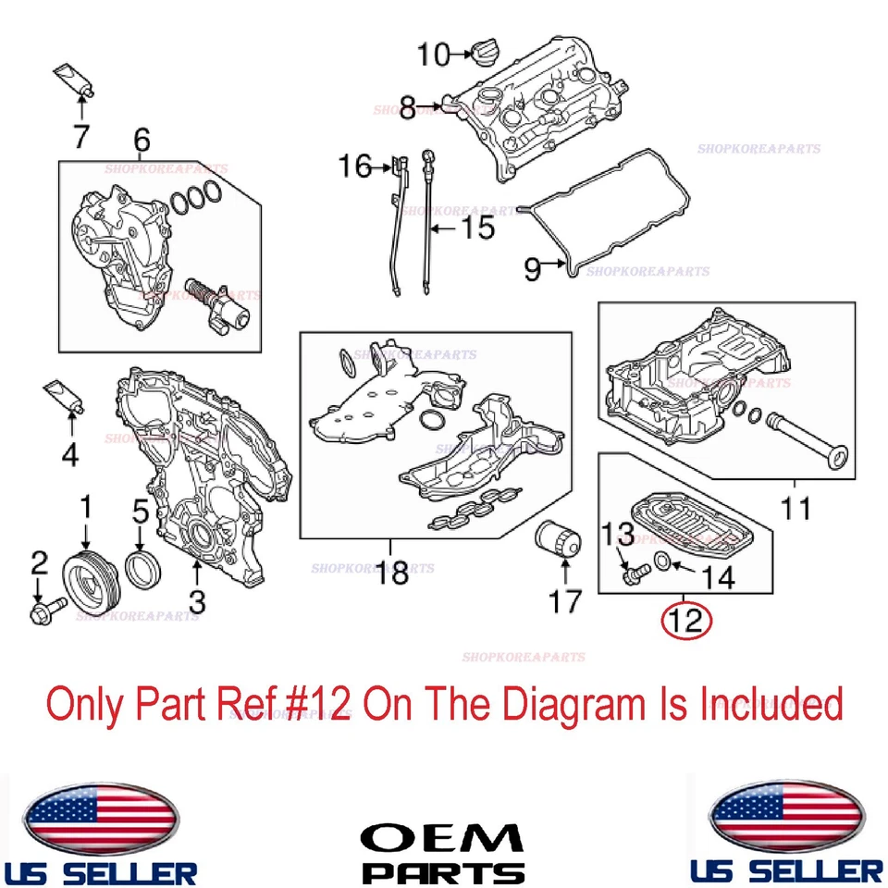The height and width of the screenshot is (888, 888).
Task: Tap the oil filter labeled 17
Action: point(557,549)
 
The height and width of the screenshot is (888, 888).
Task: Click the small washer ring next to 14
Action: point(663,561)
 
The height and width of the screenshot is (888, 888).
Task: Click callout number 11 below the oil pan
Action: point(795,508)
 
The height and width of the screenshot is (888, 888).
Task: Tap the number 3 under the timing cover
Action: point(196,600)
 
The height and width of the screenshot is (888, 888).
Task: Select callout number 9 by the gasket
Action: point(533,269)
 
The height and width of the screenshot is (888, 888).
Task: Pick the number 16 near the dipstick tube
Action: point(353,166)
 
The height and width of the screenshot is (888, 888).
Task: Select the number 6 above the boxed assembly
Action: point(141,141)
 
